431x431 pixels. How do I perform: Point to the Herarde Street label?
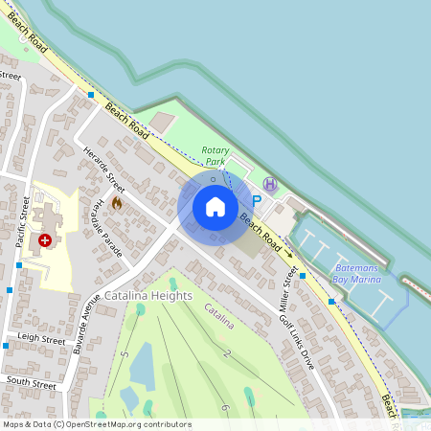coord(104,170)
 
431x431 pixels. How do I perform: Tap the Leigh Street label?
coord(41,339)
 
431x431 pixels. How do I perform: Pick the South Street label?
coord(26,380)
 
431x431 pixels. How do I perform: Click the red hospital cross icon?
coord(45,239)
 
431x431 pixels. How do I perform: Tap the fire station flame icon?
coord(117,203)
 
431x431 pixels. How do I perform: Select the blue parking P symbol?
coord(255,188)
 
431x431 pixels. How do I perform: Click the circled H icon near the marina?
coord(271,182)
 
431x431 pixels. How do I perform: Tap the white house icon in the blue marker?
coord(215,207)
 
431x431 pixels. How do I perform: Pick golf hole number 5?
coord(125,355)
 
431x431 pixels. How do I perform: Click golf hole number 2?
coord(226,354)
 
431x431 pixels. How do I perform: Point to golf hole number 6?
coord(224,408)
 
